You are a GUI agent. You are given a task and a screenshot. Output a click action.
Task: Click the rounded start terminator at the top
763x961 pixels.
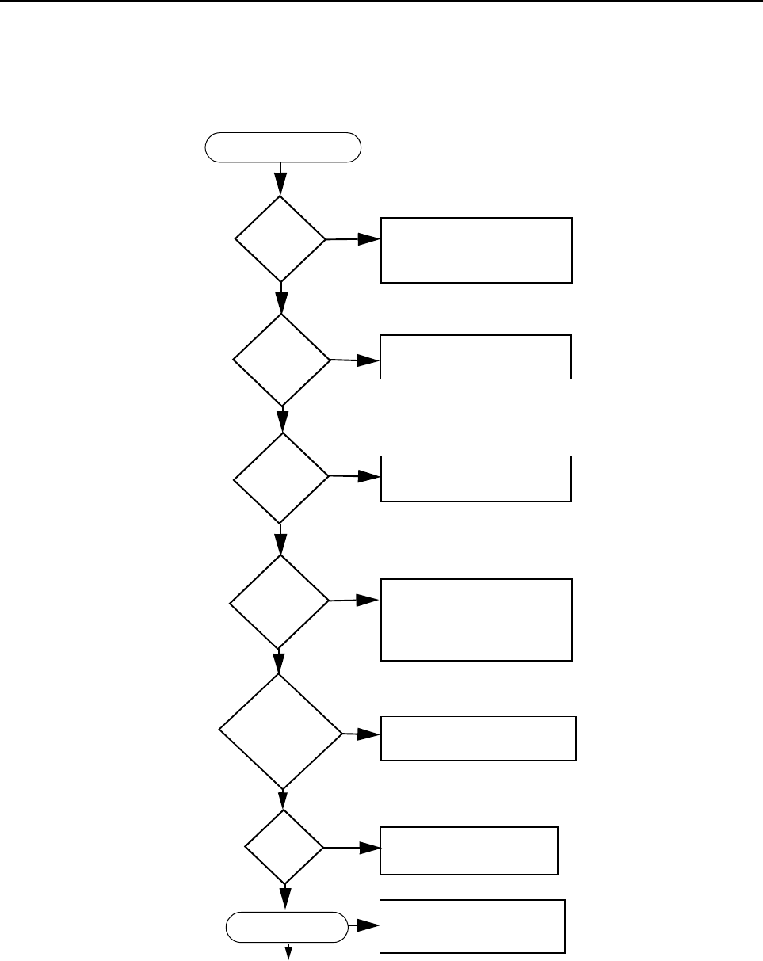283,147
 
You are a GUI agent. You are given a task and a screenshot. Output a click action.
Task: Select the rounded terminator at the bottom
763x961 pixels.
287,925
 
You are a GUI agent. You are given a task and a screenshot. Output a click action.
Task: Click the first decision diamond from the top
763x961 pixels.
280,238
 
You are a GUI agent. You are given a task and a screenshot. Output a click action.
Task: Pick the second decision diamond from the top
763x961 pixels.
281,360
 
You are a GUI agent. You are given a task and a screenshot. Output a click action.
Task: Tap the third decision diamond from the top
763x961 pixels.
281,478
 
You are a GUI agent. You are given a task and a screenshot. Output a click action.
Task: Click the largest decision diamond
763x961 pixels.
280,732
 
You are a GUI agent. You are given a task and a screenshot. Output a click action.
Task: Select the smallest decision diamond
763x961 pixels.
284,847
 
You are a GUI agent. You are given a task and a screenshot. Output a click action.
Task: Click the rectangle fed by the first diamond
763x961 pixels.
476,250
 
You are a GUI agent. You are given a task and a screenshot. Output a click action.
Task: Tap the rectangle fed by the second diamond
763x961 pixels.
475,357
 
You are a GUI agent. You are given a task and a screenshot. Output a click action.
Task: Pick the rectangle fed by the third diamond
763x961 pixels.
475,478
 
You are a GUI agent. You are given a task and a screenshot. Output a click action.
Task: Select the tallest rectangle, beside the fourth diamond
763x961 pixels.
475,620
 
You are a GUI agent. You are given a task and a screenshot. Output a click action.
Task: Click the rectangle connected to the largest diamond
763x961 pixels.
479,738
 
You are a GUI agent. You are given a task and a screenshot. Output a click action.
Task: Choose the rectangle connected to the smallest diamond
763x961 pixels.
469,850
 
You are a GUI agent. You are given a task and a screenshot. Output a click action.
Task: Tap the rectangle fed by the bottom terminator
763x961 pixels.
472,925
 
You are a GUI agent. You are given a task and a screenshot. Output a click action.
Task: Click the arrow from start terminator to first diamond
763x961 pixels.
281,179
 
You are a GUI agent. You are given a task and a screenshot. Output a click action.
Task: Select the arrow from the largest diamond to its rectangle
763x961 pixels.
361,734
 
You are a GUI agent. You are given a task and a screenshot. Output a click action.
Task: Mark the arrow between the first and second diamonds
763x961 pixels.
281,298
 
